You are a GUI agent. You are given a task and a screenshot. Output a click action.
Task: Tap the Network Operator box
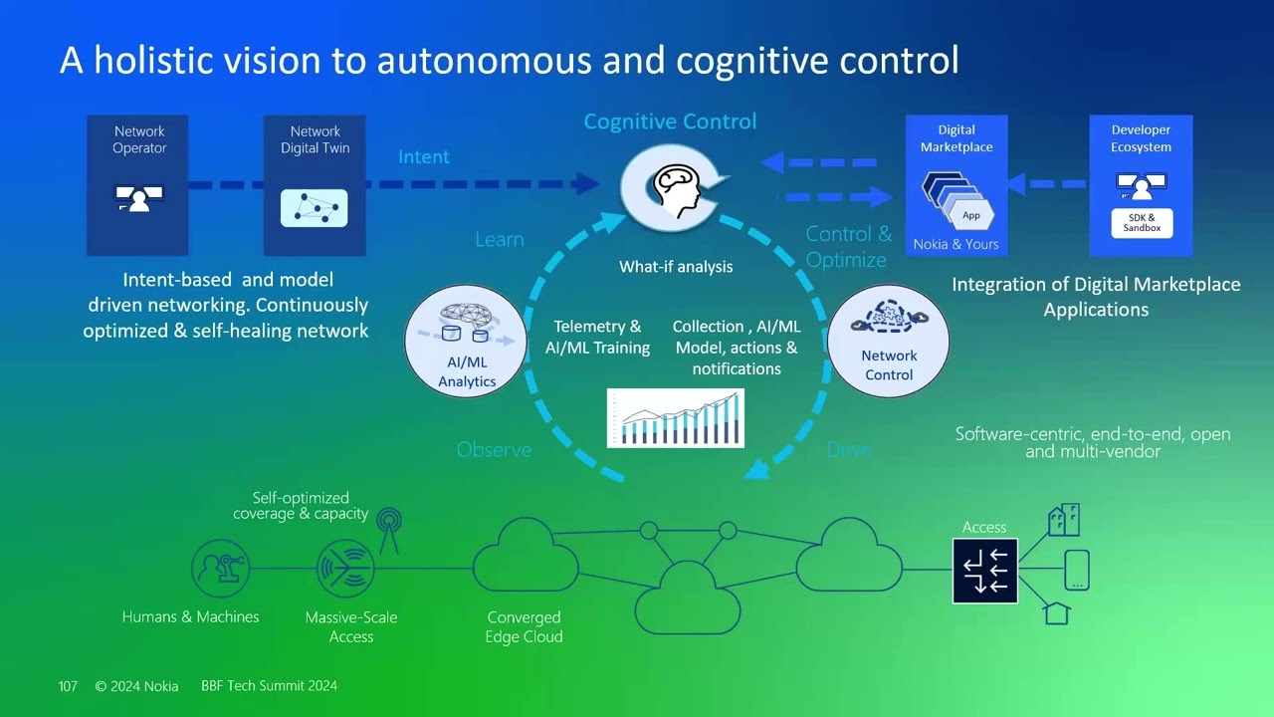137,185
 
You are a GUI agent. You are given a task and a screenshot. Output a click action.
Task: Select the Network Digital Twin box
315,185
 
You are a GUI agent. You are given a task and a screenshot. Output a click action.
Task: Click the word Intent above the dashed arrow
424,157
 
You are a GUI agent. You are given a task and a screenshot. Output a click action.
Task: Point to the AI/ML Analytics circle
466,341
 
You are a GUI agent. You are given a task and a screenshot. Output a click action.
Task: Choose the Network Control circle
888,341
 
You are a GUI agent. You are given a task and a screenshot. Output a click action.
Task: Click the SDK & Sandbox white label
1142,223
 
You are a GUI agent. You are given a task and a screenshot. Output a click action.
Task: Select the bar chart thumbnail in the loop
676,418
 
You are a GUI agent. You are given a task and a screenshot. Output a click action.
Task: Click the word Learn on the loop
499,240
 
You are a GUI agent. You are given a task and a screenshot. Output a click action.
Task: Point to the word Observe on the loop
494,450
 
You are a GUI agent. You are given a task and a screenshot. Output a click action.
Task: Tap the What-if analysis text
676,267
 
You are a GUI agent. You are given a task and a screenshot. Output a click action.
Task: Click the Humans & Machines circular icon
220,569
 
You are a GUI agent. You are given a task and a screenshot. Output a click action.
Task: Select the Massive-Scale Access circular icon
345,569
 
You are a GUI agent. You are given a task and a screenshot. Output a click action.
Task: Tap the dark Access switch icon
984,571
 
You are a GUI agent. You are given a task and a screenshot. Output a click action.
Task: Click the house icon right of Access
1057,612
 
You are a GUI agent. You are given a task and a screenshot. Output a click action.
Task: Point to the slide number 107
68,686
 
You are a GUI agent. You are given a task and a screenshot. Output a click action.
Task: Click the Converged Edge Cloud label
524,627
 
